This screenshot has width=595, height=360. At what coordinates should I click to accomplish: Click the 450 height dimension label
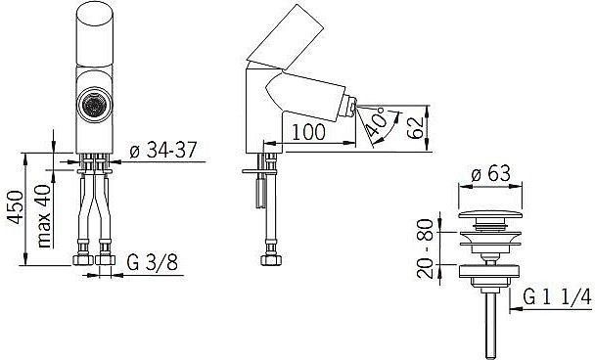click(16, 207)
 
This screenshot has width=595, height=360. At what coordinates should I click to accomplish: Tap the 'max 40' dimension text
click(44, 216)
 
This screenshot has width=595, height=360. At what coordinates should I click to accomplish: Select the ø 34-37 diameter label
click(163, 150)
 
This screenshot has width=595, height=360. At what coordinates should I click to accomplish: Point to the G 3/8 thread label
click(152, 262)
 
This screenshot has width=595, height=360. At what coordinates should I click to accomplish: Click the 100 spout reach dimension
click(308, 132)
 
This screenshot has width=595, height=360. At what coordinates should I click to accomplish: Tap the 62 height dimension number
click(414, 128)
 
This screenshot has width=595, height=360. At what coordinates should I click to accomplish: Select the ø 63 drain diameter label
click(491, 174)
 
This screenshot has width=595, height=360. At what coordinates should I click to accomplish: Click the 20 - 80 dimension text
click(425, 248)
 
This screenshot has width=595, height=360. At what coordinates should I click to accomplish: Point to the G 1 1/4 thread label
click(557, 296)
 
